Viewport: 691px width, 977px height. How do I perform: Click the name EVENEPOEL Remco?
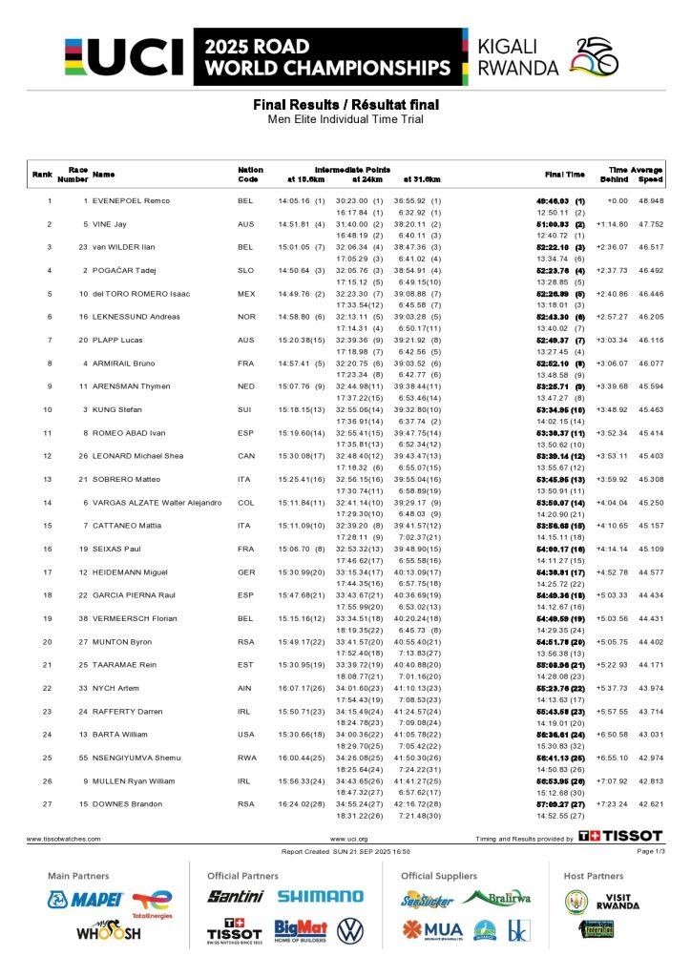131,201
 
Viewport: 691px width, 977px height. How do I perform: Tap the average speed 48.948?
650,201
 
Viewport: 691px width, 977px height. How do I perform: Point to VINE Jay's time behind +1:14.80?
612,224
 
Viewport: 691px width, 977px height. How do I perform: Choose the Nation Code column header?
250,175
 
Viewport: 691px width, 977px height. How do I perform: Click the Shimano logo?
321,897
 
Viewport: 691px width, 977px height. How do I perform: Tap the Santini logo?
236,897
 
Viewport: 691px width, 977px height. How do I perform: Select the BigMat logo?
301,930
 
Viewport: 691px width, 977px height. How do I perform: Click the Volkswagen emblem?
350,930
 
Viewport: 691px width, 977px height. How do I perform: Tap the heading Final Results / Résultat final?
345,104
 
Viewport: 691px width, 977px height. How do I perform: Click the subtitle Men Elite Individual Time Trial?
345,119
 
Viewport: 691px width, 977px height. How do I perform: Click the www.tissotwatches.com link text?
63,839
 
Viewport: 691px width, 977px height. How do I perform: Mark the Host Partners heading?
594,876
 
